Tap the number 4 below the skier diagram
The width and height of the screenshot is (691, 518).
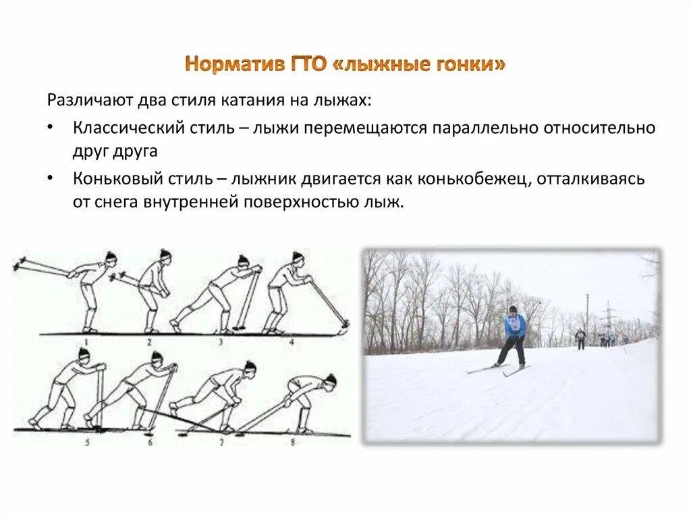point(292,341)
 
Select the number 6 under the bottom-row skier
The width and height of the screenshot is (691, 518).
point(150,442)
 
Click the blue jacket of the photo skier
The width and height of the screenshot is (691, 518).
point(514,326)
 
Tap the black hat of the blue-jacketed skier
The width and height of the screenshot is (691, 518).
point(514,309)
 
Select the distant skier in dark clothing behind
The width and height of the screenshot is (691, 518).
point(580,337)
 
